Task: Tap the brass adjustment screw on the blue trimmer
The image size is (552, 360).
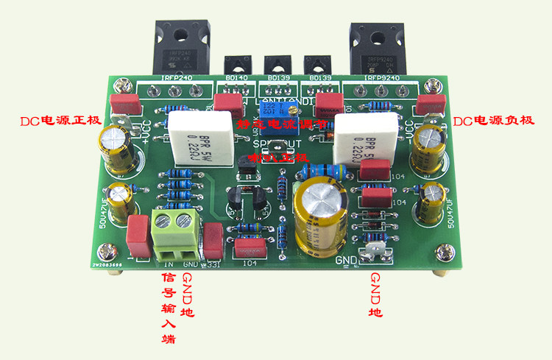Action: [281, 107]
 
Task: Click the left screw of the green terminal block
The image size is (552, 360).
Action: [166, 219]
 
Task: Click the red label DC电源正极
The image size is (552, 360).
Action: [59, 121]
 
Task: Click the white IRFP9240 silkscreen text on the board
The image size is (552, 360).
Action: [386, 77]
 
